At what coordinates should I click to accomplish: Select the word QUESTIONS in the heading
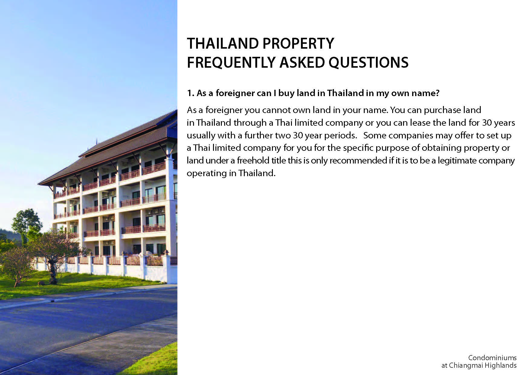[x=369, y=63]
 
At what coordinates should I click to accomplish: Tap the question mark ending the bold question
[x=437, y=93]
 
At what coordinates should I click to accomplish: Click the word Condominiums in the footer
[x=492, y=358]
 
